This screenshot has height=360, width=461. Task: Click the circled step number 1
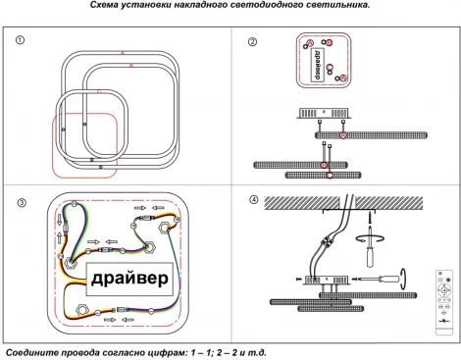tap(20, 40)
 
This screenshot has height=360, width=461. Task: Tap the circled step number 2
tap(252, 42)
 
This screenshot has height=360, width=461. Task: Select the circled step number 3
tap(22, 203)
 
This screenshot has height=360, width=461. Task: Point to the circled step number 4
tap(254, 199)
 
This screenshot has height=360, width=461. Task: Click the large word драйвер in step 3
tap(129, 279)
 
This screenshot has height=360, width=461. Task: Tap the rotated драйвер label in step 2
tap(317, 65)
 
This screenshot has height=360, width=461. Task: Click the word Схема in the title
tap(104, 5)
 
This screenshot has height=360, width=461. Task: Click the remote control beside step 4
tap(444, 302)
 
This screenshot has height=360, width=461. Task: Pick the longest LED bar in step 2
tap(371, 135)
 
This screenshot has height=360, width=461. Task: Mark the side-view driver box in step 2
tap(324, 113)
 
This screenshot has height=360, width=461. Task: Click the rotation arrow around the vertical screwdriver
tap(370, 238)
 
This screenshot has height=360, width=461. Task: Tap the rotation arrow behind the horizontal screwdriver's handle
tap(404, 279)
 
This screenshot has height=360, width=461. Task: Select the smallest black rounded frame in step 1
tap(91, 126)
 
